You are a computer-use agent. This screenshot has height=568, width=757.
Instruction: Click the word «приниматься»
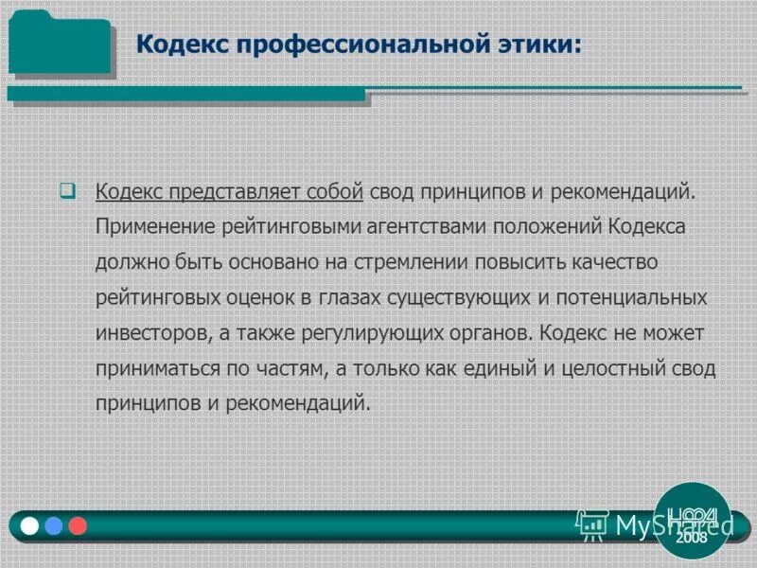coord(150,368)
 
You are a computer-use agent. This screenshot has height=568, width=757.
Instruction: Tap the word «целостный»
coord(609,368)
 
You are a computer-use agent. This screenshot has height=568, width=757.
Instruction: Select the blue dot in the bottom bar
coord(54,525)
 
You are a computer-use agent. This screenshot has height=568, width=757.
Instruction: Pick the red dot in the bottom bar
coord(78,525)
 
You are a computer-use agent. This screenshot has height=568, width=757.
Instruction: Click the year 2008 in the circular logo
coord(692,537)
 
